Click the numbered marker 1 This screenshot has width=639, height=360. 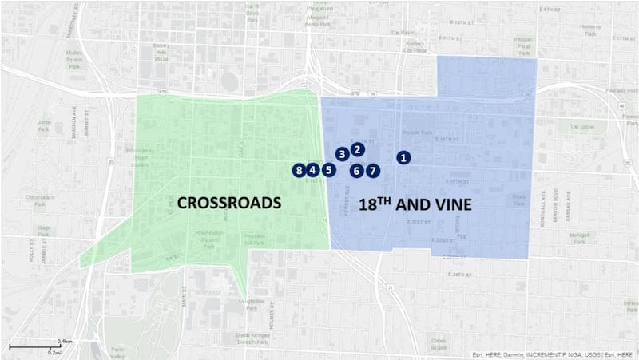pos(404,158)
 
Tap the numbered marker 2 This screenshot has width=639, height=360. pos(358,148)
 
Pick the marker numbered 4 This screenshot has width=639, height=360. pos(313,170)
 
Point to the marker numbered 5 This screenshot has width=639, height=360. pos(327,170)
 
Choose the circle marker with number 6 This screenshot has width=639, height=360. pos(357,170)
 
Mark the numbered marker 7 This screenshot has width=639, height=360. pos(373,170)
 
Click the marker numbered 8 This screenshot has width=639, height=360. pos(299,170)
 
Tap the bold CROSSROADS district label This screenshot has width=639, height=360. pos(228,203)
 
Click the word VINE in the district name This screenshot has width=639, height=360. pos(450,204)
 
